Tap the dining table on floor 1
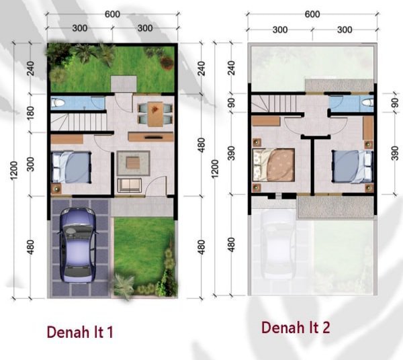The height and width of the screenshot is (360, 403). [155, 114]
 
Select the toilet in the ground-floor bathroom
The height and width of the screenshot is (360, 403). [58, 103]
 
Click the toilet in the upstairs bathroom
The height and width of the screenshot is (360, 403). [367, 103]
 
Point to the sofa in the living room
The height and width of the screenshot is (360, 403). [130, 185]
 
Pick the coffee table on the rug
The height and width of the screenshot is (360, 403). [133, 163]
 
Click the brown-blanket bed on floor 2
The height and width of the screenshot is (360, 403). [273, 165]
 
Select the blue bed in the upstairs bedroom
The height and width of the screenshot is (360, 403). [353, 167]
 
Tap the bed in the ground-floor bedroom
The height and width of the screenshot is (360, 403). [72, 167]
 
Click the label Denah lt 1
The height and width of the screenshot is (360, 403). [80, 332]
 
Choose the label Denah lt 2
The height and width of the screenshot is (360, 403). [296, 328]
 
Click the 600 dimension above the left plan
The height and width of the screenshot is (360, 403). [112, 14]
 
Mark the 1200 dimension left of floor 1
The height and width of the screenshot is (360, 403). [14, 171]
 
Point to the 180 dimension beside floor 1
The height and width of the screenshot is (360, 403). [30, 113]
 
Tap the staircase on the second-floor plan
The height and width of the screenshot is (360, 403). [274, 103]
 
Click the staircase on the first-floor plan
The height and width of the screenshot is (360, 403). [79, 122]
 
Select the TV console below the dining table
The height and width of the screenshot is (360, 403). [150, 137]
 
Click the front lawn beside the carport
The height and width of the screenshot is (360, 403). [144, 256]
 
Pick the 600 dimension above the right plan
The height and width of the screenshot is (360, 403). [312, 14]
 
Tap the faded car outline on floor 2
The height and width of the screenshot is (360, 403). [278, 244]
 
